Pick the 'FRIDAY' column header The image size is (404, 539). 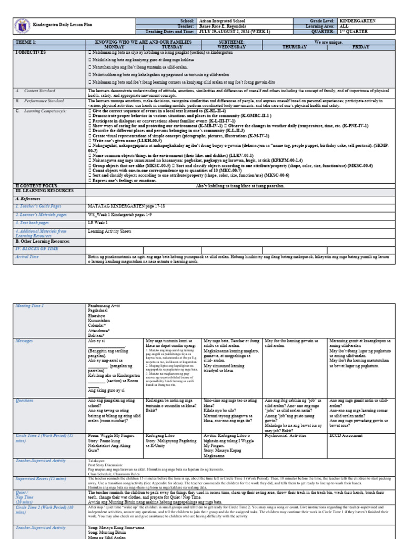coord(361,47)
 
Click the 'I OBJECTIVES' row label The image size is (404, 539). coord(32,53)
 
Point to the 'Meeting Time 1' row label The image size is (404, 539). coord(30,305)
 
